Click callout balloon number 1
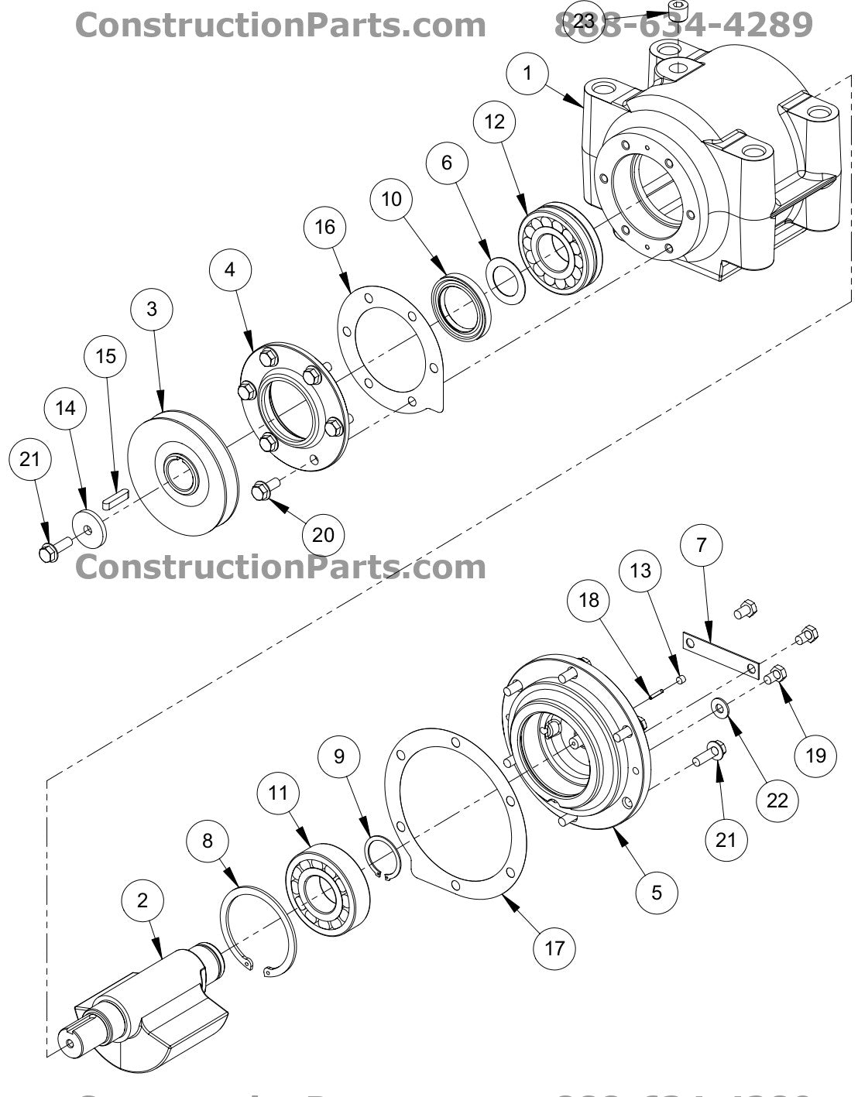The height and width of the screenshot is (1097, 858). (x=528, y=74)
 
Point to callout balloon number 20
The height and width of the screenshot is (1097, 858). (x=324, y=534)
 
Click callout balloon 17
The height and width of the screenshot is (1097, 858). (x=554, y=947)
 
